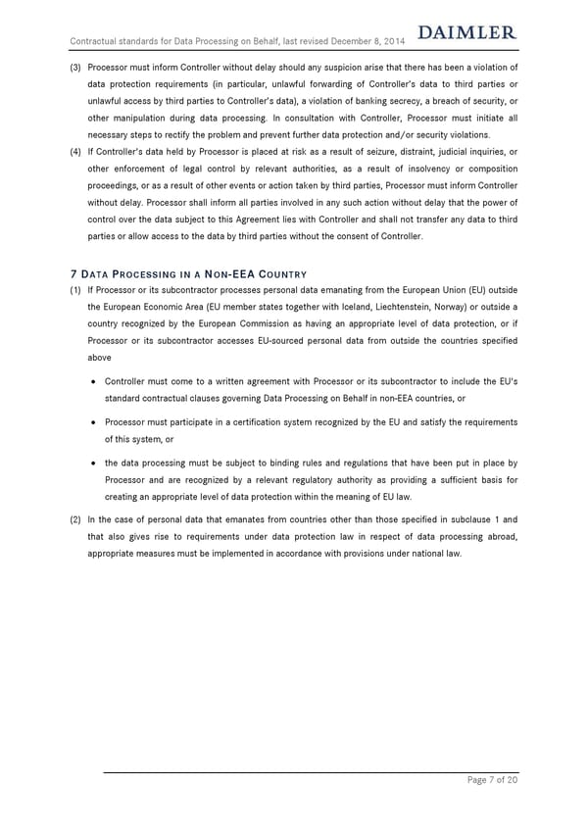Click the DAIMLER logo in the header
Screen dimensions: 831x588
(466, 33)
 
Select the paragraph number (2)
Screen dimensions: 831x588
(74, 519)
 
